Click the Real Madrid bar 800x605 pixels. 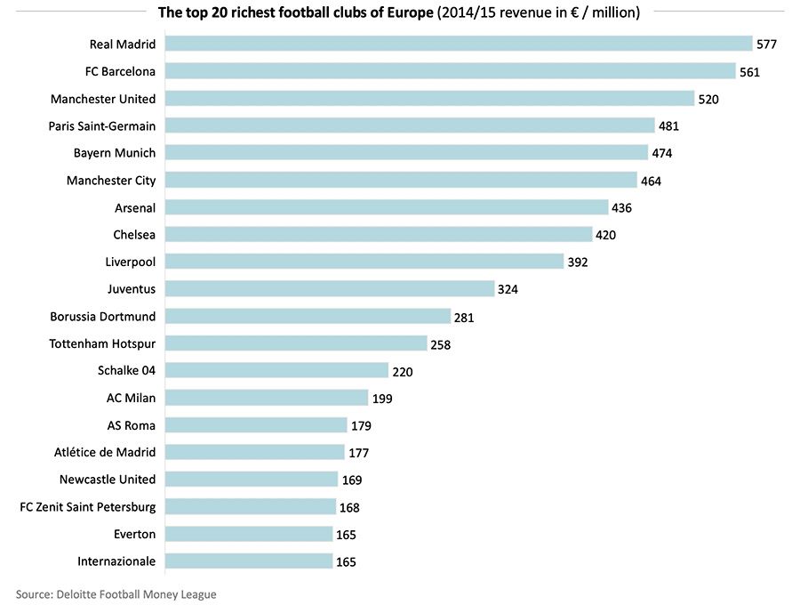pyautogui.click(x=459, y=44)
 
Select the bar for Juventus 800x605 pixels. pyautogui.click(x=330, y=288)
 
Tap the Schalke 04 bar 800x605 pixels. pyautogui.click(x=276, y=370)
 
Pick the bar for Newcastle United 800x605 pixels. pyautogui.click(x=252, y=480)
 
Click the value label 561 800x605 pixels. pyautogui.click(x=749, y=72)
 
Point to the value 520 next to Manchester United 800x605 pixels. pyautogui.click(x=708, y=100)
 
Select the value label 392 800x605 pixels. pyautogui.click(x=578, y=262)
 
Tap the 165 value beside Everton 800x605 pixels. pyautogui.click(x=346, y=535)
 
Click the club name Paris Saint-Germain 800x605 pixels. pyautogui.click(x=102, y=125)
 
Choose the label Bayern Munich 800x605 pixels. pyautogui.click(x=115, y=153)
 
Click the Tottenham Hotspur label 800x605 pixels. pyautogui.click(x=102, y=343)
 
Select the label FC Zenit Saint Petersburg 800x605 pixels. pyautogui.click(x=88, y=507)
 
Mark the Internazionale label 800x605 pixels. pyautogui.click(x=116, y=561)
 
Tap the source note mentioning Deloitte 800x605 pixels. pyautogui.click(x=116, y=593)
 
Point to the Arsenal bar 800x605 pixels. pyautogui.click(x=387, y=207)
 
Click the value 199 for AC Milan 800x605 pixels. pyautogui.click(x=382, y=399)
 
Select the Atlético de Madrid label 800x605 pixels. pyautogui.click(x=105, y=452)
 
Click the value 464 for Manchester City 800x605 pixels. pyautogui.click(x=652, y=181)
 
